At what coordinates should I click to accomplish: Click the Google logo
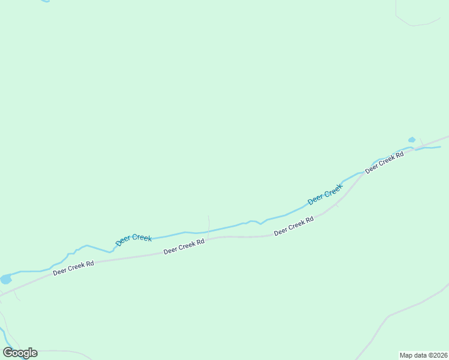[20, 353]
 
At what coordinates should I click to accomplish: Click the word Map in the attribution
[406, 355]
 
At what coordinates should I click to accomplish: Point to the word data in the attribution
[420, 355]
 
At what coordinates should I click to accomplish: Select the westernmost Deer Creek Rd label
[74, 268]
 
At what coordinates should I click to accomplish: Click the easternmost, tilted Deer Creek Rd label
[385, 162]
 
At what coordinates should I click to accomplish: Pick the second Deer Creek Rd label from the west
[184, 246]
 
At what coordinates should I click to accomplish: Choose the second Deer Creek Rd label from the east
[294, 226]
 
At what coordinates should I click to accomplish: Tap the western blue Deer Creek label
[134, 239]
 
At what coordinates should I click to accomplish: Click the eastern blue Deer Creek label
[325, 194]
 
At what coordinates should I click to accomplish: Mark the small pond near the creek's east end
[412, 140]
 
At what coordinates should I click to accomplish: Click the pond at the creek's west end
[6, 279]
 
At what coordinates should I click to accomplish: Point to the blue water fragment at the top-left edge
[45, 1]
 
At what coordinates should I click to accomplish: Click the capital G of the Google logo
[8, 352]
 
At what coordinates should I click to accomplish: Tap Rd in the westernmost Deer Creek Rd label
[90, 263]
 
